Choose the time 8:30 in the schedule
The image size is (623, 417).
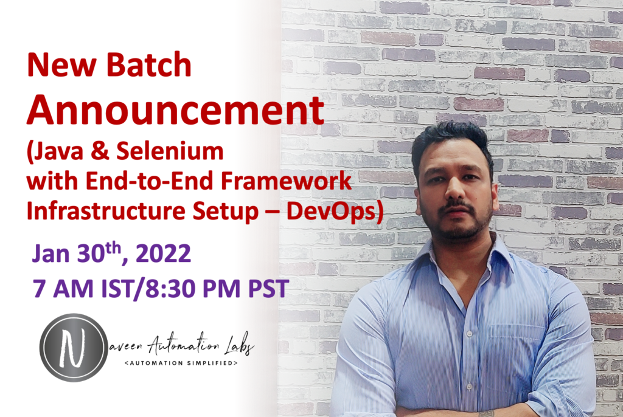coord(166,288)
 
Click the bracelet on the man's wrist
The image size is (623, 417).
coord(487,413)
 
